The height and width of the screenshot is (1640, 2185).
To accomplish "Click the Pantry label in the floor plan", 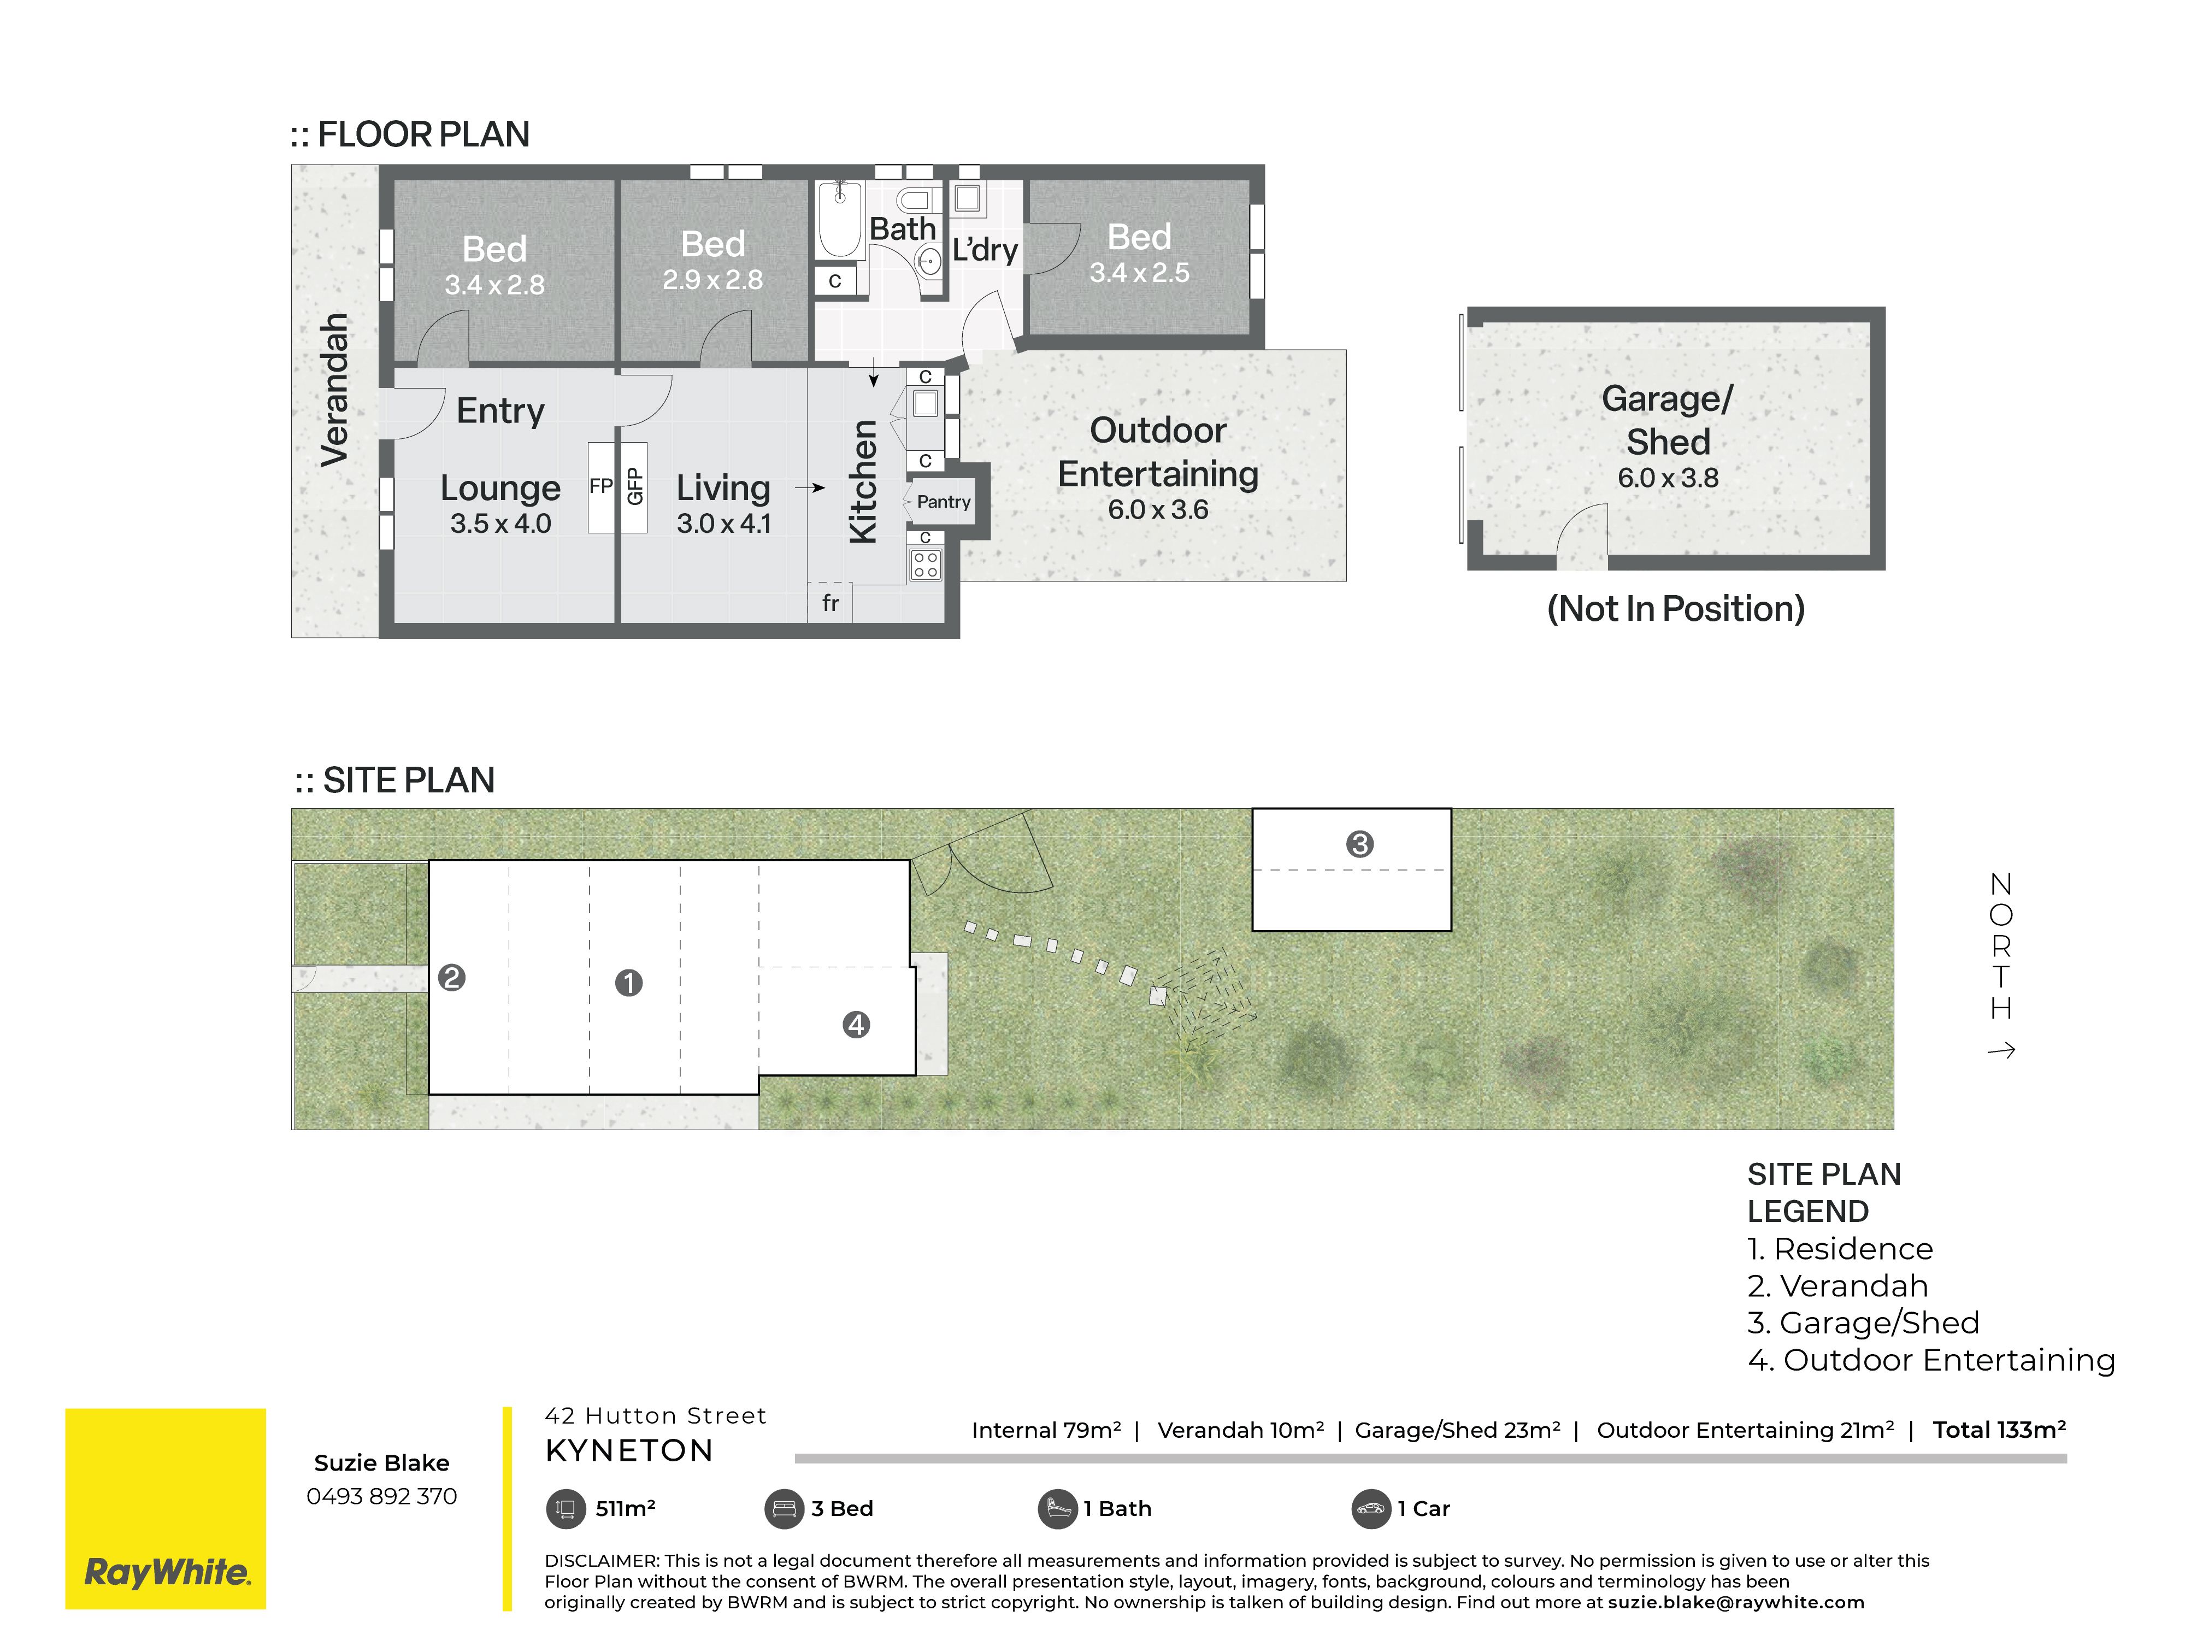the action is click(944, 502).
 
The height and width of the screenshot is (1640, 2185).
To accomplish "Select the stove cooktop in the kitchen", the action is click(926, 564).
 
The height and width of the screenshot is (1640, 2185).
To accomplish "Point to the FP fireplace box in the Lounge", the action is click(600, 487).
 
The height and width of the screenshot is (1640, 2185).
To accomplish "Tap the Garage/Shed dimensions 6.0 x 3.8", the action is click(1668, 478).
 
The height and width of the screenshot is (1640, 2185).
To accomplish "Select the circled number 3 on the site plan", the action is click(1359, 844).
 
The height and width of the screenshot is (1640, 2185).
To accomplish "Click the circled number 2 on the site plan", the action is click(451, 978).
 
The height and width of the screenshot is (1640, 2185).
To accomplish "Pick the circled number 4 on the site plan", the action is click(856, 1025).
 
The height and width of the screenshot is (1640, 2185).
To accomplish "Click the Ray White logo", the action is click(166, 1509).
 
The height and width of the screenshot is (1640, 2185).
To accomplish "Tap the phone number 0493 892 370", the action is click(381, 1496).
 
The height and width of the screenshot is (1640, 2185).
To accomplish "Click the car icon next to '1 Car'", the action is click(1370, 1509).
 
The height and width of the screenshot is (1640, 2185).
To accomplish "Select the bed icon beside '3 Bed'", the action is click(784, 1509).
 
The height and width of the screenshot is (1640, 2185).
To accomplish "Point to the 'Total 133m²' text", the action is click(1999, 1430).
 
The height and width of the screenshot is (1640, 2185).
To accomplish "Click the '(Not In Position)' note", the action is click(1675, 609).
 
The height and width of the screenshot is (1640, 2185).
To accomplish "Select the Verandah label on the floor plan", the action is click(335, 389).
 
